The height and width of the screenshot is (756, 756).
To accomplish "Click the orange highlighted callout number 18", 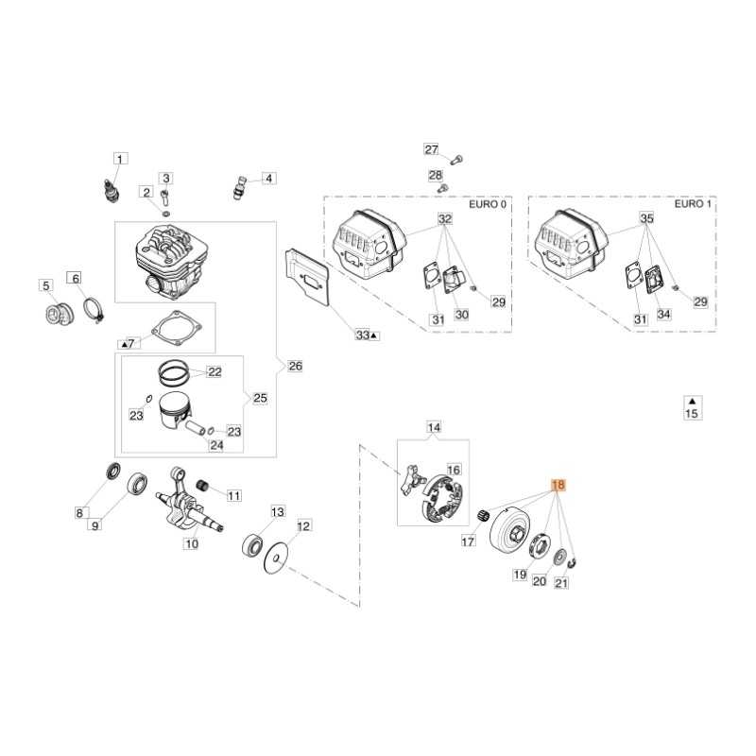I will (x=558, y=487).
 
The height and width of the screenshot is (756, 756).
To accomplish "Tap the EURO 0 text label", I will (x=488, y=204).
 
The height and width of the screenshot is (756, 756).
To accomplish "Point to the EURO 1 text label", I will (x=691, y=204).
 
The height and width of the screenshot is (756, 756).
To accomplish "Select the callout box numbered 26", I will (x=296, y=366).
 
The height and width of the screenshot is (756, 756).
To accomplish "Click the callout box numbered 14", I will (x=434, y=428).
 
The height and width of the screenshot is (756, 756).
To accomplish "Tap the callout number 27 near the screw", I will (x=431, y=150).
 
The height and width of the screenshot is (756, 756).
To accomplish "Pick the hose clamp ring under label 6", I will (x=92, y=308).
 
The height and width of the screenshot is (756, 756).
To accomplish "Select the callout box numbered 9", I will (x=94, y=524).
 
